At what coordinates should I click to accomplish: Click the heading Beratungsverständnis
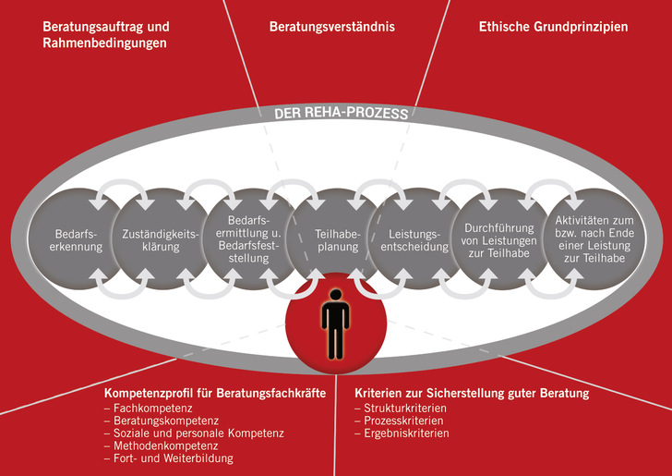(x=331, y=27)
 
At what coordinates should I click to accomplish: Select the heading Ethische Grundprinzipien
(x=553, y=27)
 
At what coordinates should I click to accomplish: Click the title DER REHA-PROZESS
(x=341, y=116)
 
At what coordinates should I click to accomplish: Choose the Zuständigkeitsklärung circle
(x=160, y=242)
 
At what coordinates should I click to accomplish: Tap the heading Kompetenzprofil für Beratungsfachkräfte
(x=215, y=394)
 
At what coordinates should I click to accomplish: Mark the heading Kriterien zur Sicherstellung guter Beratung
(x=472, y=394)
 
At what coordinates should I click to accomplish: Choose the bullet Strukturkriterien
(x=401, y=408)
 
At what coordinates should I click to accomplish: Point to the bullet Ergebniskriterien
(x=402, y=433)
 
